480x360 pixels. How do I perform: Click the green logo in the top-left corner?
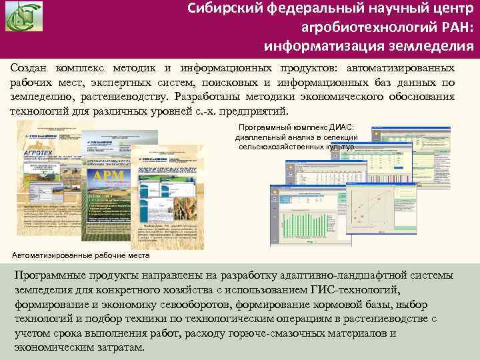(24, 18)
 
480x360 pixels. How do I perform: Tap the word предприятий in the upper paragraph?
(256, 110)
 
